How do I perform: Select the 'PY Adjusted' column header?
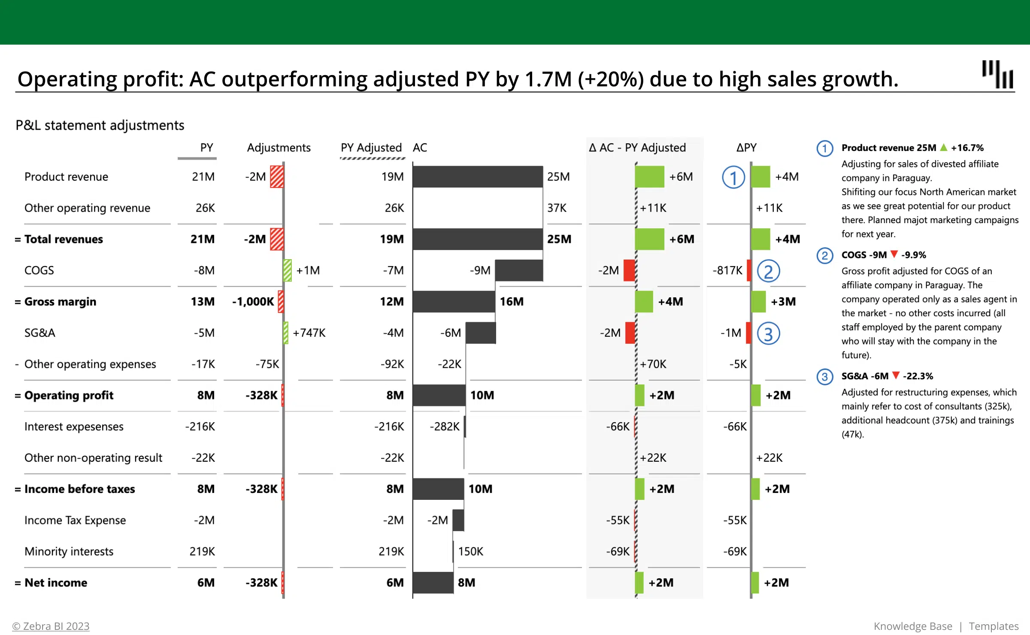(x=371, y=148)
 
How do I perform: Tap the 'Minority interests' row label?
(x=69, y=551)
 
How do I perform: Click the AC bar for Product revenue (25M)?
(x=477, y=177)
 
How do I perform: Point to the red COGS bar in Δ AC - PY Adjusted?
(x=629, y=270)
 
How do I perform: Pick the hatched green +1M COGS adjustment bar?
(x=288, y=270)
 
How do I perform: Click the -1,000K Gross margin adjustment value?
(x=253, y=302)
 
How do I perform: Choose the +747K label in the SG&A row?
(x=309, y=333)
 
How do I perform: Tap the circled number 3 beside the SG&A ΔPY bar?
(x=768, y=334)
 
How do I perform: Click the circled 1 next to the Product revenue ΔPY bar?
(x=733, y=177)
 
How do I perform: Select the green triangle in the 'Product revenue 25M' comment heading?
(x=944, y=148)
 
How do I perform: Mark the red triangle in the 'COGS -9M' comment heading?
(x=894, y=254)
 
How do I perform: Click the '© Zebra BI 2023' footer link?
(x=51, y=626)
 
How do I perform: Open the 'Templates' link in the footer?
(x=993, y=626)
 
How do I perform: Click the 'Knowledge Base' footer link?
(x=913, y=626)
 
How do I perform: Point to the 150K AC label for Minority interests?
(x=470, y=551)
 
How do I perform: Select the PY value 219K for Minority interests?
(x=202, y=551)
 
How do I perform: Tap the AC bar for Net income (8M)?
(x=433, y=583)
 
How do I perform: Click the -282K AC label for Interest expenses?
(x=445, y=426)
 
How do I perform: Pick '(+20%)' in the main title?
(x=610, y=79)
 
